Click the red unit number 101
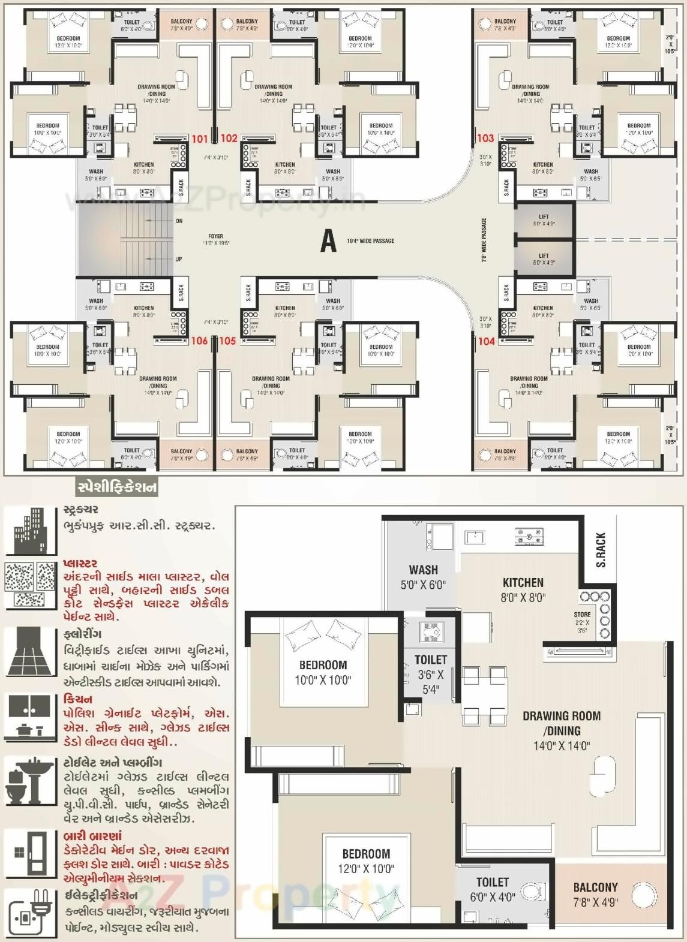200,139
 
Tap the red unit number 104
486,341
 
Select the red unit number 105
227,341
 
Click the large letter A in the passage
328,241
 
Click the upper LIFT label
544,217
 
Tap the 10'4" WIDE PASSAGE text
370,241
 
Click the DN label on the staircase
179,221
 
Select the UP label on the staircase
179,259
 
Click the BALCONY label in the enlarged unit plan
595,887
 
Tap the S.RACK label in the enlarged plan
601,549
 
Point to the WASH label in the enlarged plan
423,570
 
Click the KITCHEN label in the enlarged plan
523,582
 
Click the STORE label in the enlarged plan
582,615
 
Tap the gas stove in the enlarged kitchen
529,536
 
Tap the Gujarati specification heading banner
117,487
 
